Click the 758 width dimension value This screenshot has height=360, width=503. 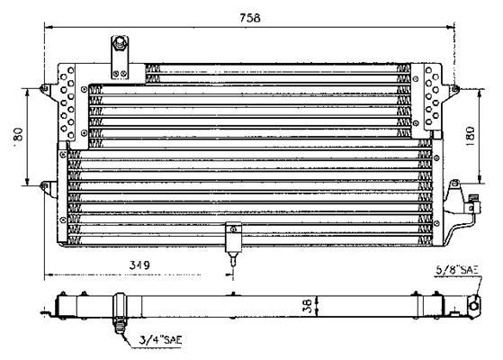coord(250,18)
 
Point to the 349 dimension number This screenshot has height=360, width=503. coord(139,265)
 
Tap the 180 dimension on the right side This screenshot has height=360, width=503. coord(470,137)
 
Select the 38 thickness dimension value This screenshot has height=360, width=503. coord(308,306)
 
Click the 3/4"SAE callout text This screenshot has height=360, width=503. coord(160,340)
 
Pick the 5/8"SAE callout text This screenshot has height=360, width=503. coord(457,270)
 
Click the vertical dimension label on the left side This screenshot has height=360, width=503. coord(18,134)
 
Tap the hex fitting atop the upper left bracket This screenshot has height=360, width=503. coord(120,43)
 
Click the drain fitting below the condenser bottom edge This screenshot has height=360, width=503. coord(233,258)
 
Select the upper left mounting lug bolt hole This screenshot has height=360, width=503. coord(45,88)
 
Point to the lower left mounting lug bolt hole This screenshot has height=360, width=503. coord(45,185)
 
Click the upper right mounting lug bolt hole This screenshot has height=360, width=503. coord(454,89)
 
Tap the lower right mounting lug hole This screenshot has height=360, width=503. coord(454,184)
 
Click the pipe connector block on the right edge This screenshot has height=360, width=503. coord(472,203)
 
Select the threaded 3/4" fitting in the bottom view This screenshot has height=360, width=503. coord(120,325)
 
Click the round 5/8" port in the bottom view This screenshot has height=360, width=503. coord(474,306)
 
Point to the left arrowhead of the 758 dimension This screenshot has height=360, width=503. coord(49,28)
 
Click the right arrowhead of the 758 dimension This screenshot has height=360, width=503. coord(451,28)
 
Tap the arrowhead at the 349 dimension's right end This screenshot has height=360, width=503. coord(229,274)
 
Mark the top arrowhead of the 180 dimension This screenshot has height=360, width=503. coord(480,93)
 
